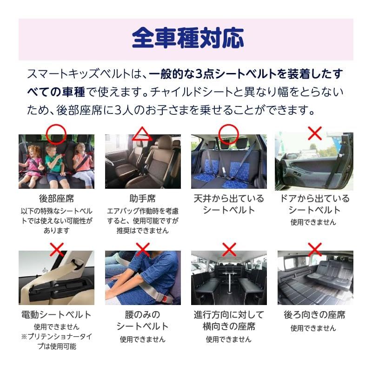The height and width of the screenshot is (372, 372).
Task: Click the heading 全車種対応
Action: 188,38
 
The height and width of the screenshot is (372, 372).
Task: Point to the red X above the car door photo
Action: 315,133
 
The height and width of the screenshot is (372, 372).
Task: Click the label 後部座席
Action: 56,199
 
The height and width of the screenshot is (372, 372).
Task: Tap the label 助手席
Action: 142,199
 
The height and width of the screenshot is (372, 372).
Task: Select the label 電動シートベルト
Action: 56,315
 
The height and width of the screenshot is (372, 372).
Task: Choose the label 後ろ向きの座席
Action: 315,315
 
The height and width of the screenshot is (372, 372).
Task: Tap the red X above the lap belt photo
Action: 142,250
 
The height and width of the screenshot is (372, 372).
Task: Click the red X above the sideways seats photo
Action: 229,250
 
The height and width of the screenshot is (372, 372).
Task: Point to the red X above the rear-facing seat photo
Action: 315,250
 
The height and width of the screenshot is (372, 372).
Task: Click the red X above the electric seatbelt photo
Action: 57,250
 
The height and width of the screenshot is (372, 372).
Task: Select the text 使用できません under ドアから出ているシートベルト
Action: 313,222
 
